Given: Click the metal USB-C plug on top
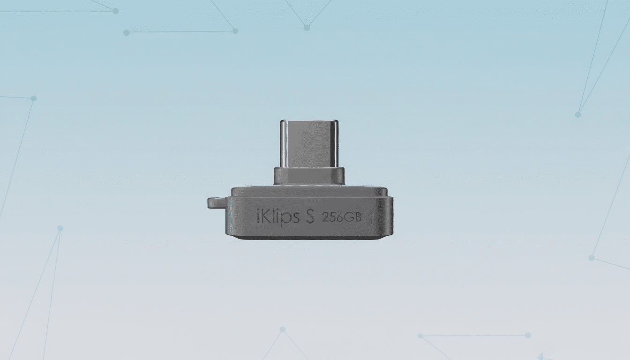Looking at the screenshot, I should (309, 143).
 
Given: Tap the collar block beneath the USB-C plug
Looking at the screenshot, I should (309, 176).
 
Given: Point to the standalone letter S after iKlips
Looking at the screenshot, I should (309, 217).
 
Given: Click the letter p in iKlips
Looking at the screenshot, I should (284, 219).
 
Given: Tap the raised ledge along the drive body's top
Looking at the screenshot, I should (309, 191).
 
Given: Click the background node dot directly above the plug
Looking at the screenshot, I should (307, 28).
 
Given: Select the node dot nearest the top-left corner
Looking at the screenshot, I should (115, 11).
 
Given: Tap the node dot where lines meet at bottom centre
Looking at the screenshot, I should (283, 330).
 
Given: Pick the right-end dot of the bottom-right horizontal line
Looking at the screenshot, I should (528, 335).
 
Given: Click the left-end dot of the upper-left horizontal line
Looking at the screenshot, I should (126, 32).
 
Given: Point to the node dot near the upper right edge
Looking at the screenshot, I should (578, 114).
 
